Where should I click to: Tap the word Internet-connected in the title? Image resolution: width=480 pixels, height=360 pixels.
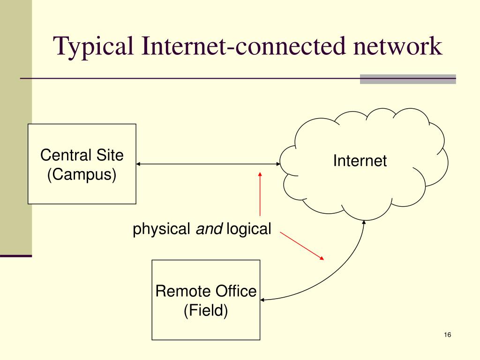240,47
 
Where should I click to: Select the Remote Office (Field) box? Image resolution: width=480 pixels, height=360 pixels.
206,323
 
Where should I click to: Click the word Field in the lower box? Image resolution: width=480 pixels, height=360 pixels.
206,310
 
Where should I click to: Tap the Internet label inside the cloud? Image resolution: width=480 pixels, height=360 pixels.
360,161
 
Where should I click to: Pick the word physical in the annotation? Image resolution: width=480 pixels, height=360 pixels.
161,230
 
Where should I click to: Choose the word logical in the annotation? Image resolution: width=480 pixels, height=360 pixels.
249,229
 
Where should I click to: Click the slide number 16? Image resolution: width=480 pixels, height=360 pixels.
447,335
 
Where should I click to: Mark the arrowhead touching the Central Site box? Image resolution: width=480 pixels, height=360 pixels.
139,164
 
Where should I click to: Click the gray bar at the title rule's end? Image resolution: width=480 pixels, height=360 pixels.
408,79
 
